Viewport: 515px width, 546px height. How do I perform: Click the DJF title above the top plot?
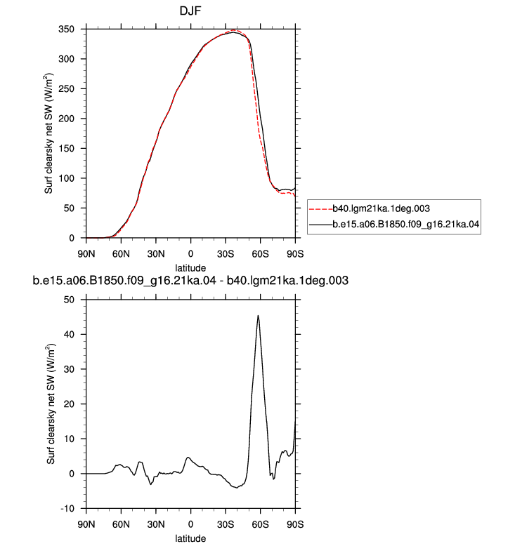(190, 11)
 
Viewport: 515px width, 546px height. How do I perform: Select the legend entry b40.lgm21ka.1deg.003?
(381, 208)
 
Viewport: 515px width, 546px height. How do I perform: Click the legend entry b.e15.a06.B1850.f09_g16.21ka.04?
(406, 224)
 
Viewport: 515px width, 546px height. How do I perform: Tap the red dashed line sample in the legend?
(321, 209)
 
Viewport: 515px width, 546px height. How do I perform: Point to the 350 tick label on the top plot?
(66, 29)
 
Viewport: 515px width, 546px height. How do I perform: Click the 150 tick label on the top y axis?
(66, 149)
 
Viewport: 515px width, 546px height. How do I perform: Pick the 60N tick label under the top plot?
(121, 254)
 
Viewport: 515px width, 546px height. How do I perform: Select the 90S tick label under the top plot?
(295, 254)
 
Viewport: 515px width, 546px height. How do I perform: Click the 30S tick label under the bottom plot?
(226, 524)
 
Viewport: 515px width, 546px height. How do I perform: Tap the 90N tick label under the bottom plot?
(86, 524)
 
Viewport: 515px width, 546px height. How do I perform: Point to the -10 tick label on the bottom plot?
(67, 509)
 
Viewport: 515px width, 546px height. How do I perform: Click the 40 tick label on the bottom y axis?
(69, 335)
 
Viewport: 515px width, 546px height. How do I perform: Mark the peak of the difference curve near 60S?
(258, 316)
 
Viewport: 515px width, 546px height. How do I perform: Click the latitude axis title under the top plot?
(190, 268)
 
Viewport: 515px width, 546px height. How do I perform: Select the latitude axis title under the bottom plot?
(190, 538)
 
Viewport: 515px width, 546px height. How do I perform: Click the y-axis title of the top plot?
(48, 133)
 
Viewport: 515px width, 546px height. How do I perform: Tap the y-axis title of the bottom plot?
(51, 404)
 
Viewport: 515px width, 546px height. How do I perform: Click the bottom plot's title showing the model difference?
(190, 281)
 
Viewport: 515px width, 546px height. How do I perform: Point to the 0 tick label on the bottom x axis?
(190, 524)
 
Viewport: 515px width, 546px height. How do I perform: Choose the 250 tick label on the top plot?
(66, 89)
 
